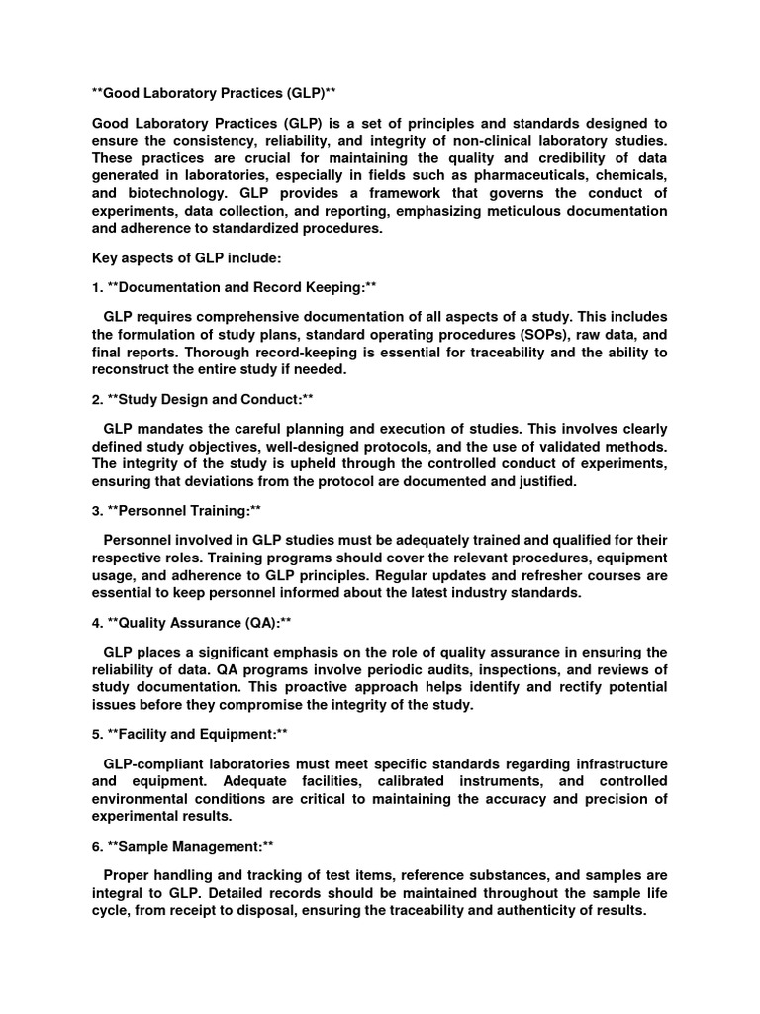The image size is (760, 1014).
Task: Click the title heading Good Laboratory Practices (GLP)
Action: tap(214, 93)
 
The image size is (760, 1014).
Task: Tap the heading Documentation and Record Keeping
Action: tap(234, 287)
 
